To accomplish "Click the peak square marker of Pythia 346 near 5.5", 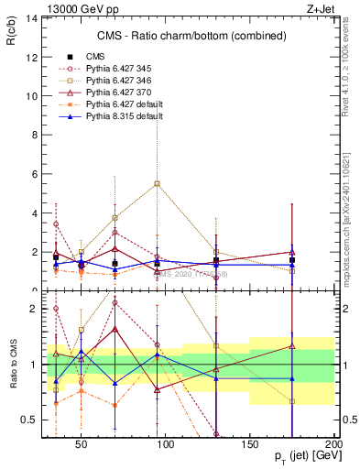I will pos(158,183).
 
